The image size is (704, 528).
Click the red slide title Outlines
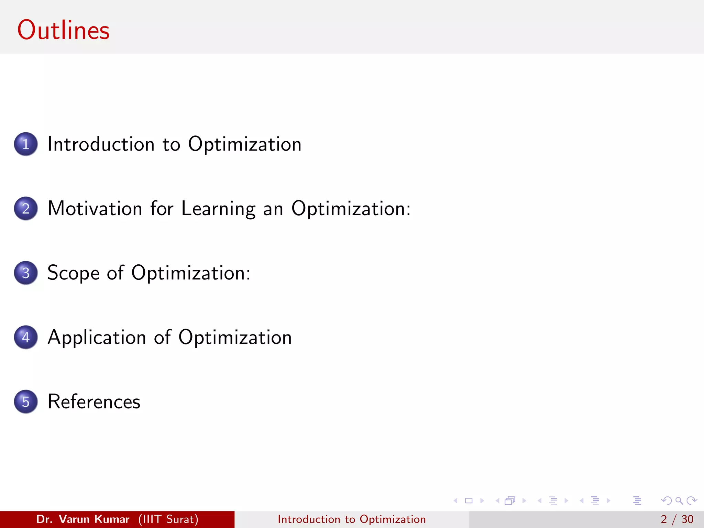click(x=63, y=30)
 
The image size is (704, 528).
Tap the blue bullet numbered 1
click(x=26, y=144)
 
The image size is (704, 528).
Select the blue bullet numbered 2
click(x=26, y=208)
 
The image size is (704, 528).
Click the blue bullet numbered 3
click(x=26, y=273)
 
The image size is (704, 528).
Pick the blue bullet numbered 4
click(x=26, y=337)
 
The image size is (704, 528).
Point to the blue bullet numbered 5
click(x=26, y=401)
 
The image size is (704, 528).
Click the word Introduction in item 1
click(x=101, y=144)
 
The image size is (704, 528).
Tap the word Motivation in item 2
click(x=95, y=208)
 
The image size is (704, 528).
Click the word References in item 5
click(x=94, y=401)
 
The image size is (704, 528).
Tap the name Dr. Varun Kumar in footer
click(x=82, y=519)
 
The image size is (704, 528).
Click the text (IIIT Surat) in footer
click(x=168, y=519)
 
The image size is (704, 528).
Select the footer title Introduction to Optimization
click(x=352, y=519)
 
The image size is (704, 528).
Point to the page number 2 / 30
click(x=677, y=519)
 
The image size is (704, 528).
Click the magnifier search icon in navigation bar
click(x=679, y=500)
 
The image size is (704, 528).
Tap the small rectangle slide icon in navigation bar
click(x=469, y=500)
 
